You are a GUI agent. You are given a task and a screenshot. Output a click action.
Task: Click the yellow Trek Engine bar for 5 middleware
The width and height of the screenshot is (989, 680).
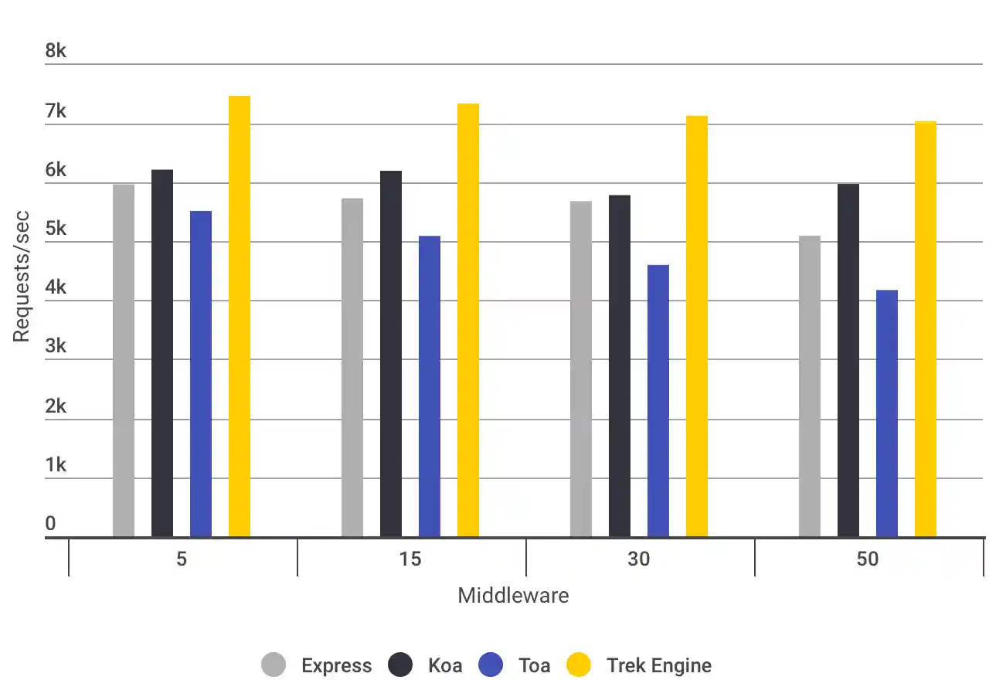[240, 317]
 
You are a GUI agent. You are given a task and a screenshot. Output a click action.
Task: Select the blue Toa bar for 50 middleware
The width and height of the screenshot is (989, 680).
[887, 413]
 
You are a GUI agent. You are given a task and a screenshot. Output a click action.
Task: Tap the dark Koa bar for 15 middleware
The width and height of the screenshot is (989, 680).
[391, 354]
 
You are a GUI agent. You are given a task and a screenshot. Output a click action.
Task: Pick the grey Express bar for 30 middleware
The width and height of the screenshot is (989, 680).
[581, 369]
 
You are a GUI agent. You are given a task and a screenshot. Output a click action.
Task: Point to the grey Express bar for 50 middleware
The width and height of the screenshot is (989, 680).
[810, 386]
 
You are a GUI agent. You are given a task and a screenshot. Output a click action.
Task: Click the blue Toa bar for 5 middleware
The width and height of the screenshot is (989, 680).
[201, 374]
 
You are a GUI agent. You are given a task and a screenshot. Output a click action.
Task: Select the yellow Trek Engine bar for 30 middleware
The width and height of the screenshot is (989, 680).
[697, 326]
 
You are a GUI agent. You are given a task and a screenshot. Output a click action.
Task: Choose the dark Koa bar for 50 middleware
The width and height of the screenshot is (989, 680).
[848, 360]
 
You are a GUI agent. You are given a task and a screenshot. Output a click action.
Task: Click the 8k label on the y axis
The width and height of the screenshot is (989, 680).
[56, 51]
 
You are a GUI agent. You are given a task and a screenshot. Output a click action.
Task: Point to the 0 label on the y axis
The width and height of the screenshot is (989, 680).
[50, 524]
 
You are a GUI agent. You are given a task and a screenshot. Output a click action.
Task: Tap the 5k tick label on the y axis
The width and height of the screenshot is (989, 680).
[56, 229]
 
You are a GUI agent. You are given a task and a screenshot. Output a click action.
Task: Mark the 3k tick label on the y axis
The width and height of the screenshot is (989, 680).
[56, 346]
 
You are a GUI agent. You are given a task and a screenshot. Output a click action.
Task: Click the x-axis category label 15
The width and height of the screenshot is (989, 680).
[410, 559]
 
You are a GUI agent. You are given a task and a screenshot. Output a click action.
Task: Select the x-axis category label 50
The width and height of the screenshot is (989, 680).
[868, 559]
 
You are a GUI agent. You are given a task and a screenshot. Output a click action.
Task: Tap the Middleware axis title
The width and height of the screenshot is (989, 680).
[513, 596]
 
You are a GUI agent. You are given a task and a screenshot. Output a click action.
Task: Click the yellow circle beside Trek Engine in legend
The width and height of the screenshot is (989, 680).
[579, 665]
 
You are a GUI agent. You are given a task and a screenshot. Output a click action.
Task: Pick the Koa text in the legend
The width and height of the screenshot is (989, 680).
[445, 665]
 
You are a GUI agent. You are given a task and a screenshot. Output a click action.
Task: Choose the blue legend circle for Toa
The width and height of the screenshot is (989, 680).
[491, 665]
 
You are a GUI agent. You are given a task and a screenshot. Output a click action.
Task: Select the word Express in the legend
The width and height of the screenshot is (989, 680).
[336, 665]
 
